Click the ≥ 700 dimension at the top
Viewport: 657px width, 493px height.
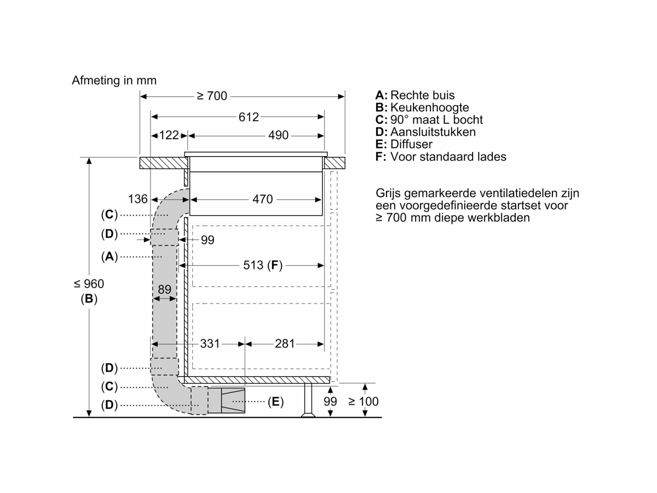coord(212,96)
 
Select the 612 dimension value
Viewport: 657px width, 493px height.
coord(249,117)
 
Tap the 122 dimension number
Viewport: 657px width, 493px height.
coord(169,135)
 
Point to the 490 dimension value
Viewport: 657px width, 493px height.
coord(278,135)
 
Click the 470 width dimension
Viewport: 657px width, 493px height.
coord(262,199)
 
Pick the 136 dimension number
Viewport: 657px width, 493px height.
coord(137,199)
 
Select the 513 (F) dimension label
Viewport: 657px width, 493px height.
coord(262,265)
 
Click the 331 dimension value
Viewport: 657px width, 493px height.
coord(210,343)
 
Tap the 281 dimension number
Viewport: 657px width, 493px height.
coord(285,343)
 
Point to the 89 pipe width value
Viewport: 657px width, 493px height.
coord(164,289)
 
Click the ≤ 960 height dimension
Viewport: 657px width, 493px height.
coord(89,284)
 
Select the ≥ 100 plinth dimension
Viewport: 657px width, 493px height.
coord(364,402)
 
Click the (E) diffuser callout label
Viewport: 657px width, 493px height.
coord(275,402)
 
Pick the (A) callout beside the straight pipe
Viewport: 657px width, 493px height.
coord(109,256)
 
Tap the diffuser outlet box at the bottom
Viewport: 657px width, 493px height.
coord(233,400)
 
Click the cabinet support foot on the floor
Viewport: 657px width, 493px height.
coord(308,400)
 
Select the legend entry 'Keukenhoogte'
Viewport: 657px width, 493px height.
coord(430,107)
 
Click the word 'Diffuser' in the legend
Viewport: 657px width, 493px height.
coord(411,144)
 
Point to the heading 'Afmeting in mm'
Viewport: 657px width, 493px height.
coord(114,81)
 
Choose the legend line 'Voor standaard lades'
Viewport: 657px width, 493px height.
coord(448,157)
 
